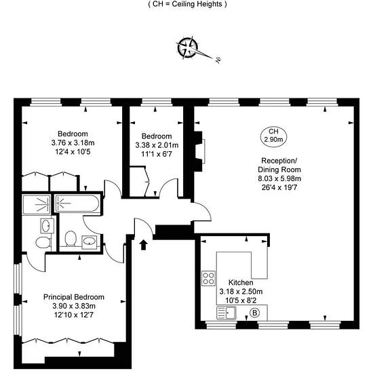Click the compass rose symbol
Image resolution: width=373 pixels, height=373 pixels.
[188, 47]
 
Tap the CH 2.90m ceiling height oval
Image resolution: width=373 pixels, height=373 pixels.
[273, 136]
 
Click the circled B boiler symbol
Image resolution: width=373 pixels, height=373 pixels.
[254, 313]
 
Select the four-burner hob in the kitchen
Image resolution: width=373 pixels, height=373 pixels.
[208, 278]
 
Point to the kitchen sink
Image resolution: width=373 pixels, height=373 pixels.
[227, 313]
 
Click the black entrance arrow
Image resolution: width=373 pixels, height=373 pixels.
[144, 245]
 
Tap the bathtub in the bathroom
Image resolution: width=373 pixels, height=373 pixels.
[77, 203]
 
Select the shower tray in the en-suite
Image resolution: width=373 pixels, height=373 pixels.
[37, 205]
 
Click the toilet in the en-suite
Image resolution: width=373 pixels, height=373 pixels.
[43, 243]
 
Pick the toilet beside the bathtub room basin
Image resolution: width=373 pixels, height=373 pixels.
[71, 238]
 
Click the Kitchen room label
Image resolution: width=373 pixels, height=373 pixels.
[241, 283]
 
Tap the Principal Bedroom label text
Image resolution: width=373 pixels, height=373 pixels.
[74, 297]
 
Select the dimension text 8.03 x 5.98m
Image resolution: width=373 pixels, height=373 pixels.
[279, 178]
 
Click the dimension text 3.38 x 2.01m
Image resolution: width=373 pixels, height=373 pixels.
[157, 145]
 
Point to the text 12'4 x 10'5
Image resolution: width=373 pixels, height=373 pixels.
[73, 152]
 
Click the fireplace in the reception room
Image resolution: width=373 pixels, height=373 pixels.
[199, 151]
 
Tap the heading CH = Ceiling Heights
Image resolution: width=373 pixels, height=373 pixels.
[187, 4]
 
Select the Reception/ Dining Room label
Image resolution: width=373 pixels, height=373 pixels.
[279, 165]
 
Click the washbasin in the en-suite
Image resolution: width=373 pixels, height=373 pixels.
[46, 226]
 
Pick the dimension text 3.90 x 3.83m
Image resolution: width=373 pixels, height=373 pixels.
[74, 306]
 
